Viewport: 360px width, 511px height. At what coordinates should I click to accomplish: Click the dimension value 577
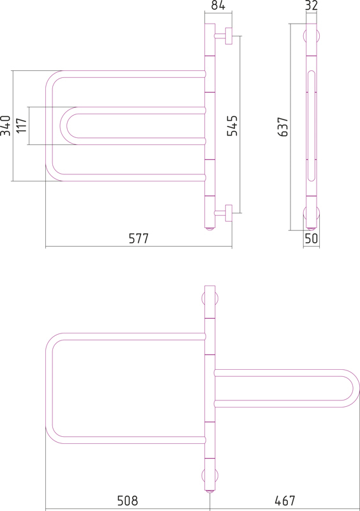coord(139,238)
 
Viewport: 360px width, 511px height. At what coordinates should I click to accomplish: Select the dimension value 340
coord(6,125)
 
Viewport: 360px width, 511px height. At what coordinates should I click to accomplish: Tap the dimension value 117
coord(22,125)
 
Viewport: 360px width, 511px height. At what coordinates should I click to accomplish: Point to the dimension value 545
coord(232,125)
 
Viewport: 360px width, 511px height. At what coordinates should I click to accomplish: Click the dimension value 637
coord(283,126)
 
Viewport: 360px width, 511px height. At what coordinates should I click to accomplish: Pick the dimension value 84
coord(218,5)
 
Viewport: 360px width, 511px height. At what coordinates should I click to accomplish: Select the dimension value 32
coord(311,5)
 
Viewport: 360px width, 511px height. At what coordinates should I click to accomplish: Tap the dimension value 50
coord(311,238)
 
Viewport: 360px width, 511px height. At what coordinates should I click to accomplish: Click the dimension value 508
coord(128,501)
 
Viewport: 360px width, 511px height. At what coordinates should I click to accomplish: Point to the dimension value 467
coord(285,501)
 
